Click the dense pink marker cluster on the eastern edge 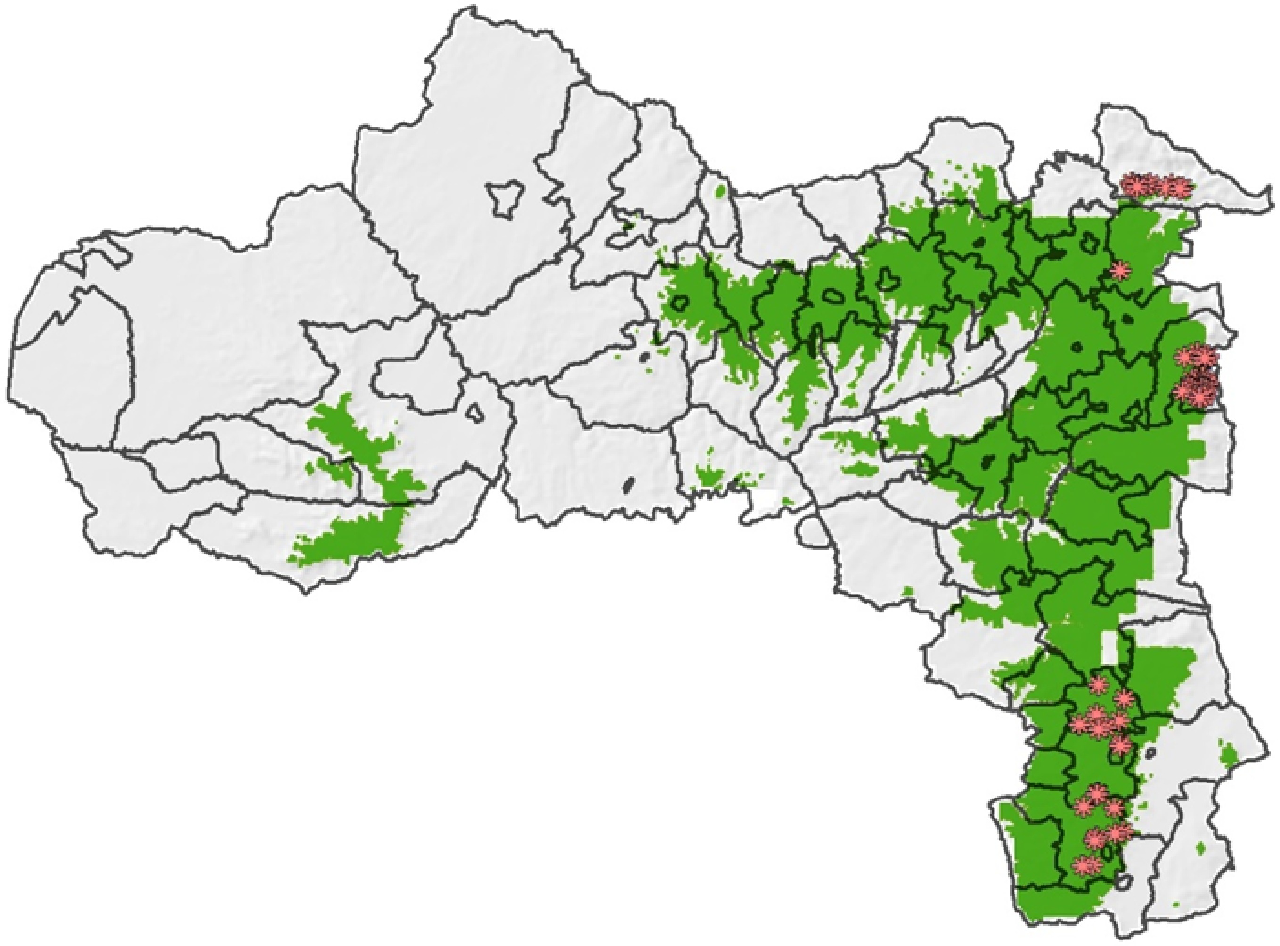[x=1197, y=375]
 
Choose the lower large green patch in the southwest [x=350, y=535]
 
